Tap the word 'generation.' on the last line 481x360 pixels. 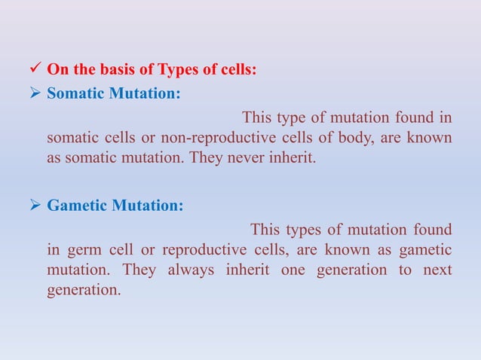(83, 290)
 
